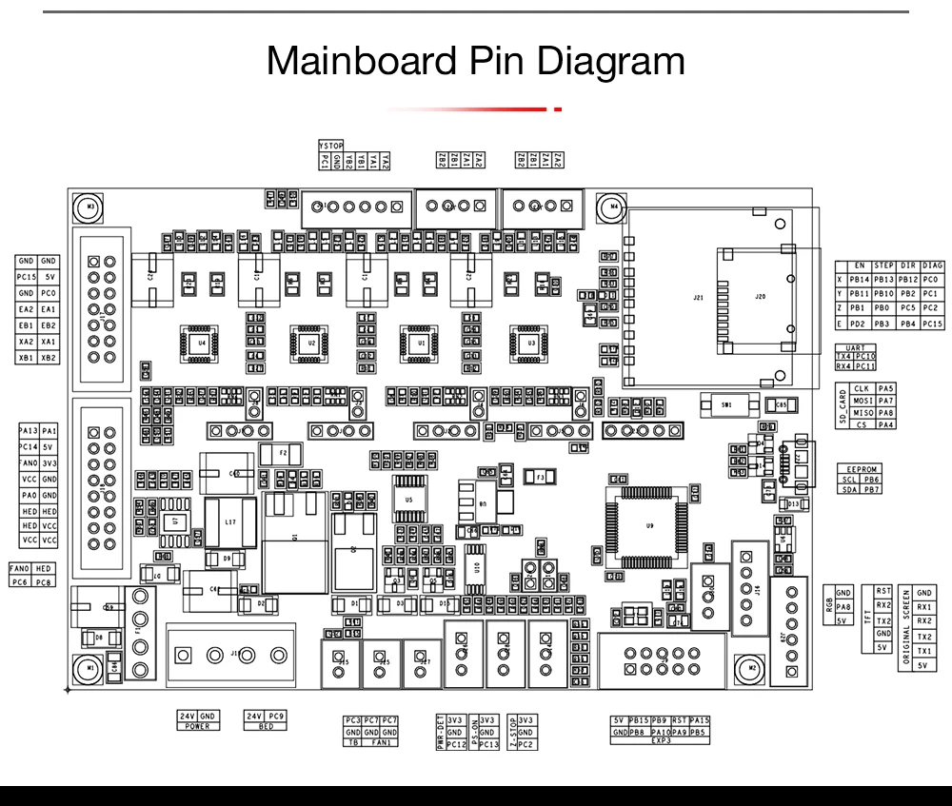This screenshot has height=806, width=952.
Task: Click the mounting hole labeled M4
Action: [614, 206]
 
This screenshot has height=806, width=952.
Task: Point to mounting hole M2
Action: [752, 668]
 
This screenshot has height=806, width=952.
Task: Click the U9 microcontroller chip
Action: [650, 524]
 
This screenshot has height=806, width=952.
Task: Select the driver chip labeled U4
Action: [202, 341]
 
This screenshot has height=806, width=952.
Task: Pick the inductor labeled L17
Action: [229, 522]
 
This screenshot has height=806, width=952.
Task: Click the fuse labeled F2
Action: [282, 454]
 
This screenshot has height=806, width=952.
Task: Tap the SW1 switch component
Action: [727, 404]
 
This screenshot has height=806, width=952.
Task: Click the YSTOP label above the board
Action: [331, 146]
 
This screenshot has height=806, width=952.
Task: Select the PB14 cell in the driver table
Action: [859, 280]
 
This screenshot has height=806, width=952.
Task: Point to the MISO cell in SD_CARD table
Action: [863, 413]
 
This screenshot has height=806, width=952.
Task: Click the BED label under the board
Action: [266, 726]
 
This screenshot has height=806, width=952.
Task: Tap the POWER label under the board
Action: [197, 726]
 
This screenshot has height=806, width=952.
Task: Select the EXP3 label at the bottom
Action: [661, 740]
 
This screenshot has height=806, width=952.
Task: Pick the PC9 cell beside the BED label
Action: [277, 716]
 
